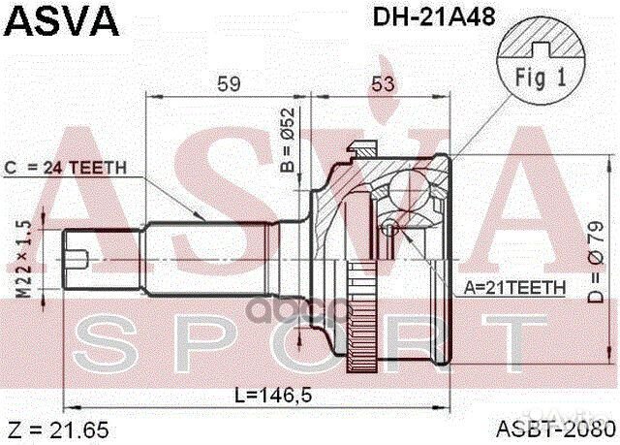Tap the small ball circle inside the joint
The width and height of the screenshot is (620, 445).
pos(389,229)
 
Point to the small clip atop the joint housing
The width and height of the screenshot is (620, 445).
pos(363,146)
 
